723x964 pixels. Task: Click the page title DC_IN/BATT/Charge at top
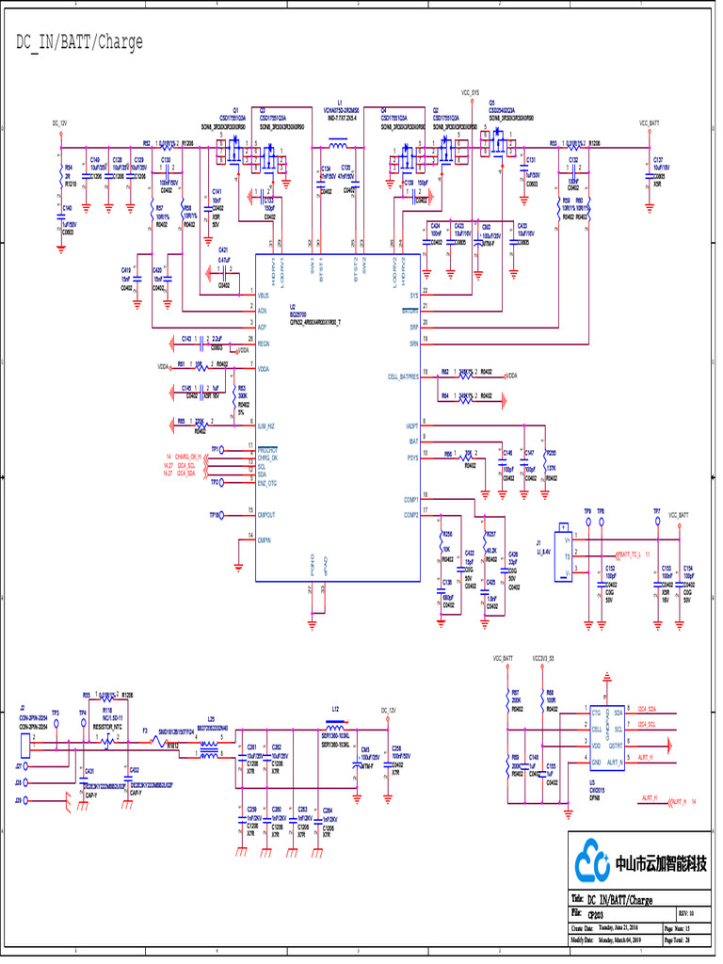[x=79, y=42]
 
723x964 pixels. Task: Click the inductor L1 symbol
[x=337, y=145]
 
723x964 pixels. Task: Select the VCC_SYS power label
[x=470, y=93]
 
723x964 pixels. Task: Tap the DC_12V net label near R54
[x=59, y=123]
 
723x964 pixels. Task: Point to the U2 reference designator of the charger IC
[x=292, y=307]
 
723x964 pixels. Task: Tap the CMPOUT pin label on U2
[x=266, y=516]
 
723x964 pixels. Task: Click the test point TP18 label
[x=214, y=516]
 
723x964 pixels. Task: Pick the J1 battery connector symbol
[x=564, y=554]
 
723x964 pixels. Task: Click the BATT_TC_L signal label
[x=635, y=554]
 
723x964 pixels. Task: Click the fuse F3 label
[x=145, y=731]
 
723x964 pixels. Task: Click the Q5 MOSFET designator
[x=491, y=109]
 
